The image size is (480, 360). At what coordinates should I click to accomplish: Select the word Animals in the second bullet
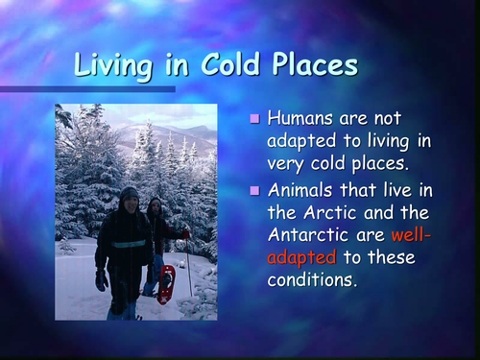click(303, 188)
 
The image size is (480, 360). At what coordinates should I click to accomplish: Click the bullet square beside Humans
click(254, 120)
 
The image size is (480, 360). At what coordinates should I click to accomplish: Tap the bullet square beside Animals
click(254, 187)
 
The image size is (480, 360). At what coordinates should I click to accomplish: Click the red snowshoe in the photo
click(166, 284)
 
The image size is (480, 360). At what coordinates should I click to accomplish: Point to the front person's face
click(130, 203)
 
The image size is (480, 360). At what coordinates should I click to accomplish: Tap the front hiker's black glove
click(102, 279)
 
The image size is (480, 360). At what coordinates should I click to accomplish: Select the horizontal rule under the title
click(87, 89)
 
